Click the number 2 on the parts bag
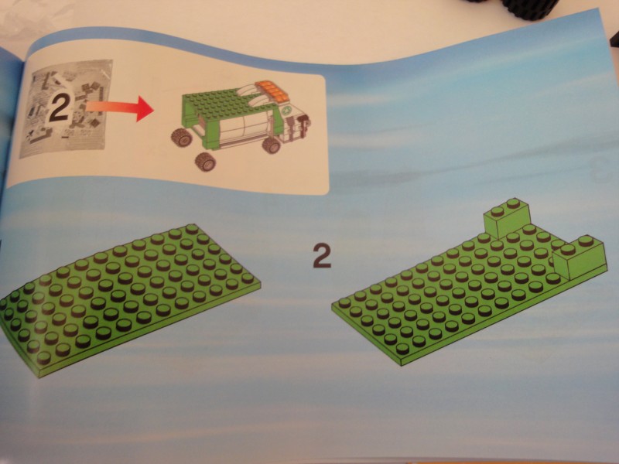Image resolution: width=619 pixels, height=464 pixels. [59, 105]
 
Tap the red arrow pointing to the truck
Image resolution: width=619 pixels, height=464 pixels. [119, 107]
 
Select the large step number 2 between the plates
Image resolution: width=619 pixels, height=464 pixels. [322, 256]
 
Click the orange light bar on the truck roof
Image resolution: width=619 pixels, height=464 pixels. [271, 90]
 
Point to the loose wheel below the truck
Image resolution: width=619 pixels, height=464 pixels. [206, 162]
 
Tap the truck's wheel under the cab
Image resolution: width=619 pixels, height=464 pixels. [272, 145]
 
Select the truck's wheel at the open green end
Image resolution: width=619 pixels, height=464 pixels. [182, 138]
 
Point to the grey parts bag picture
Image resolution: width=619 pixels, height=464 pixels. [67, 107]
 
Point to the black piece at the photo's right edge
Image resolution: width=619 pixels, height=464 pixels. [614, 39]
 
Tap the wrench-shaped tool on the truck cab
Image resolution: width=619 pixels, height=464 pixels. [303, 124]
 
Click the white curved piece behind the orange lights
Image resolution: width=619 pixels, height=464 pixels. [254, 94]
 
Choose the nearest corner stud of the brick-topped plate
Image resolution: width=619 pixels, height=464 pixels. [402, 348]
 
